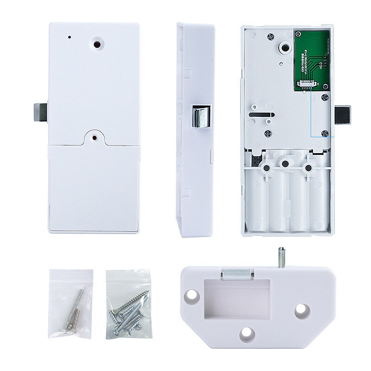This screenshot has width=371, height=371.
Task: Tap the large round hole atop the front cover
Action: click(98, 45)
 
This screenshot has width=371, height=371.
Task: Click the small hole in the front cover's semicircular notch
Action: click(95, 137)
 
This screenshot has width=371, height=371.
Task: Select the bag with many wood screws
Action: click(128, 304)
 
